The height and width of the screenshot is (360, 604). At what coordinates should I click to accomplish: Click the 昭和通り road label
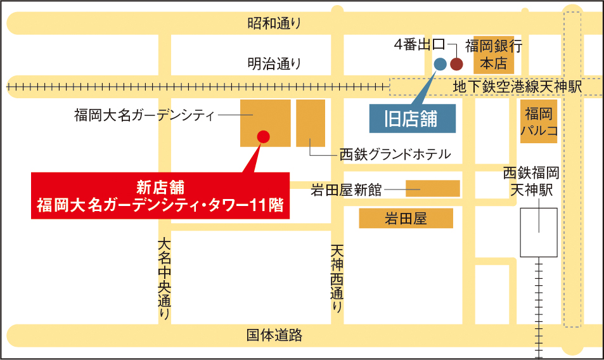tap(274, 24)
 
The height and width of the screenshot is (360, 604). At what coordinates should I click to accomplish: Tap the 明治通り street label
tap(274, 63)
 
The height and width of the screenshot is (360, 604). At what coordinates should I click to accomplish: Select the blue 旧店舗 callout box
tap(413, 119)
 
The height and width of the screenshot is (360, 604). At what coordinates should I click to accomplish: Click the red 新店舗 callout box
tap(160, 196)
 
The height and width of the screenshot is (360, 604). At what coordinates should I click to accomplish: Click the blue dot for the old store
tap(440, 63)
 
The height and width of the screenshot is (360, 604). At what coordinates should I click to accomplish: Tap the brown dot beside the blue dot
tap(456, 63)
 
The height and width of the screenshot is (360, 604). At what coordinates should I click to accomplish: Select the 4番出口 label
tap(419, 45)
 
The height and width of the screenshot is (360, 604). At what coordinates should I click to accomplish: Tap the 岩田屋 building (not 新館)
tap(406, 219)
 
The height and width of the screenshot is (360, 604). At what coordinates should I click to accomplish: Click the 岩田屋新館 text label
tap(346, 189)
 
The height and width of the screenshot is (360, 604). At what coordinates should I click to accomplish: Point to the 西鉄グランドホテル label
tap(395, 153)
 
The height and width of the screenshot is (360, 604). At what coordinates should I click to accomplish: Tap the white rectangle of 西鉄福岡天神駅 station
tap(539, 232)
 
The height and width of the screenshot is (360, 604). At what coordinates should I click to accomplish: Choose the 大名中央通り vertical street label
tap(164, 278)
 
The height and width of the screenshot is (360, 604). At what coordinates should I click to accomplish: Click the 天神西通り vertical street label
tap(337, 280)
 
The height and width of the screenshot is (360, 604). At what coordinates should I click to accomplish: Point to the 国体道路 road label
tap(274, 335)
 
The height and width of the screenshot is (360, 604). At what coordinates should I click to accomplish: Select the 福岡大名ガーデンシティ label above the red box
tap(145, 115)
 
